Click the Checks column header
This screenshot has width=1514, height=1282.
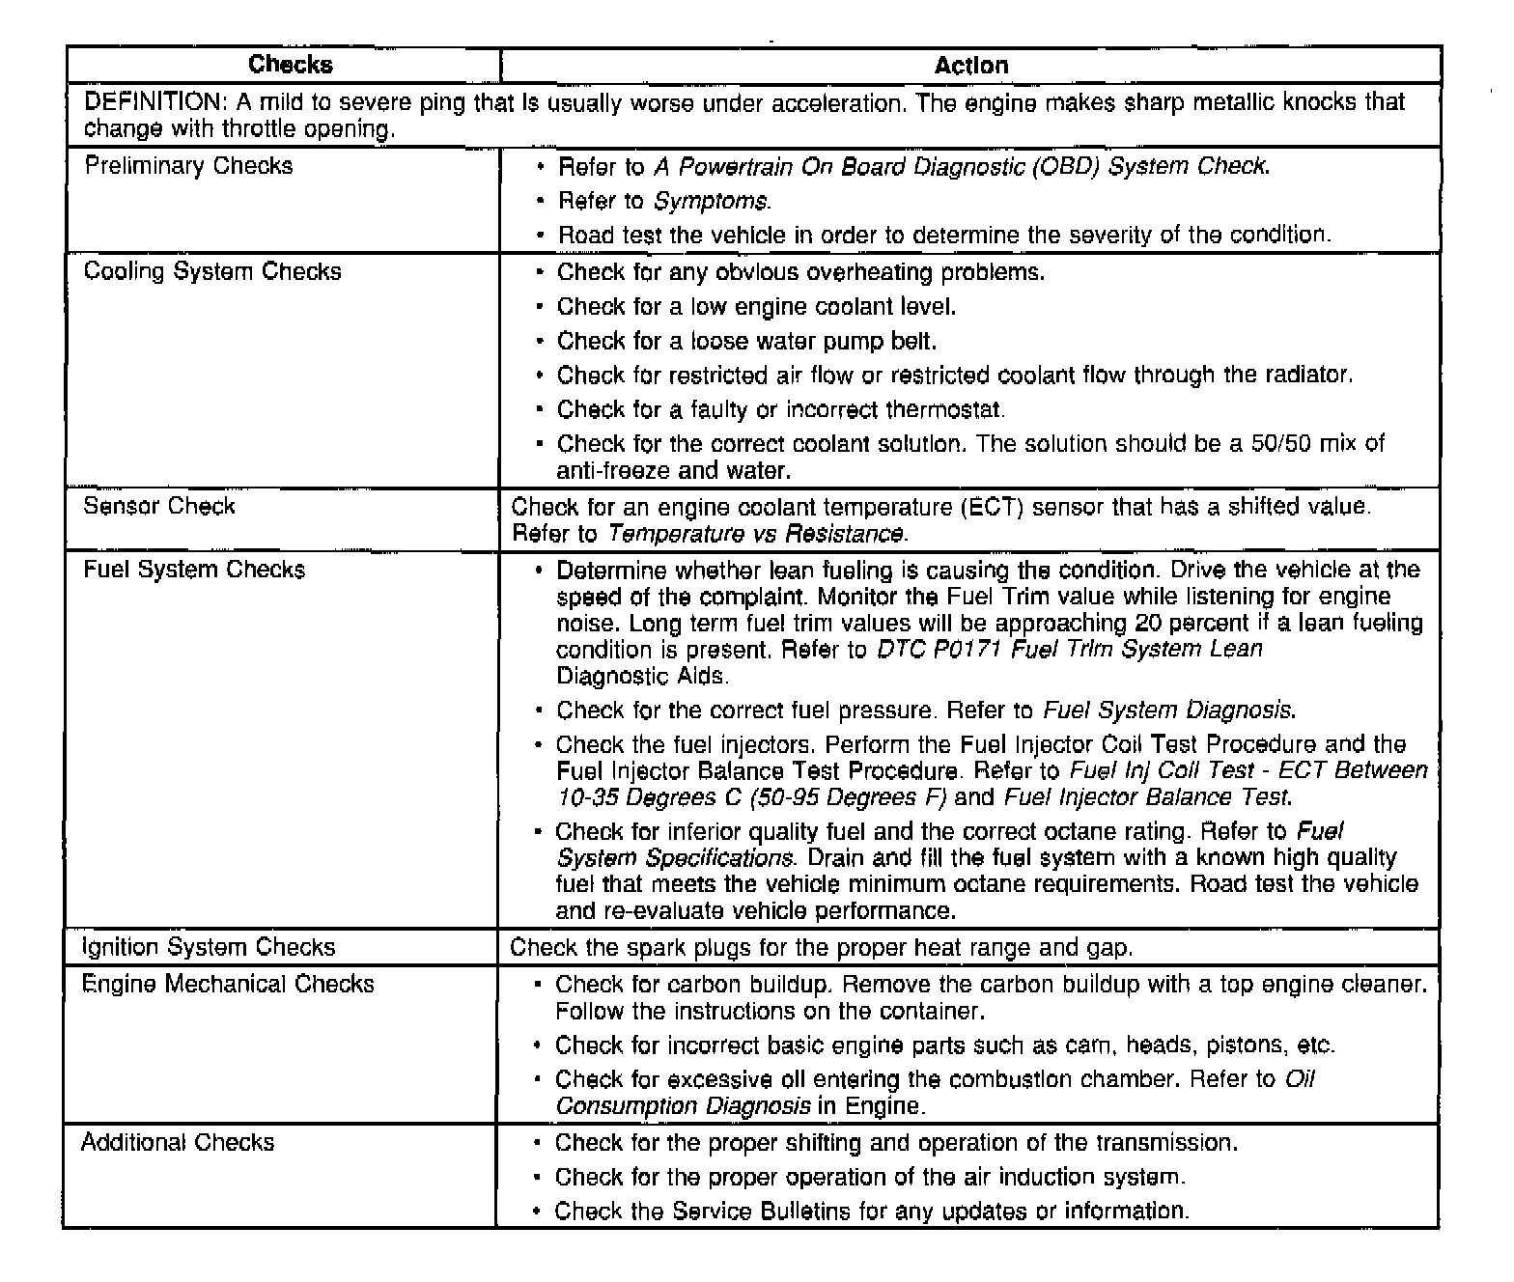(290, 65)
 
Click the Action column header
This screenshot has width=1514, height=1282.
(970, 66)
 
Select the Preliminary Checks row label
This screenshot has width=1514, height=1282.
(188, 166)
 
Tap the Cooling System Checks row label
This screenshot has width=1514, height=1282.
(212, 271)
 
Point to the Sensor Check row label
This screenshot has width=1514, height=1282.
(159, 507)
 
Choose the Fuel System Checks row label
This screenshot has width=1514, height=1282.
(194, 570)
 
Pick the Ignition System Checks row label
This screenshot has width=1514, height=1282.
(209, 947)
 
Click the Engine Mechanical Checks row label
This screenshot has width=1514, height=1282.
(228, 984)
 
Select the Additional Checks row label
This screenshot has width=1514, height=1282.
(178, 1143)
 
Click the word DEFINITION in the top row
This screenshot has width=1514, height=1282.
(154, 102)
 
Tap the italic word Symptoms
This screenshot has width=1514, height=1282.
(712, 202)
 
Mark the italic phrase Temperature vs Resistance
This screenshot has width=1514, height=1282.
(757, 534)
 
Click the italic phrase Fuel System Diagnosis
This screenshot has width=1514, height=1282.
(1168, 711)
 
